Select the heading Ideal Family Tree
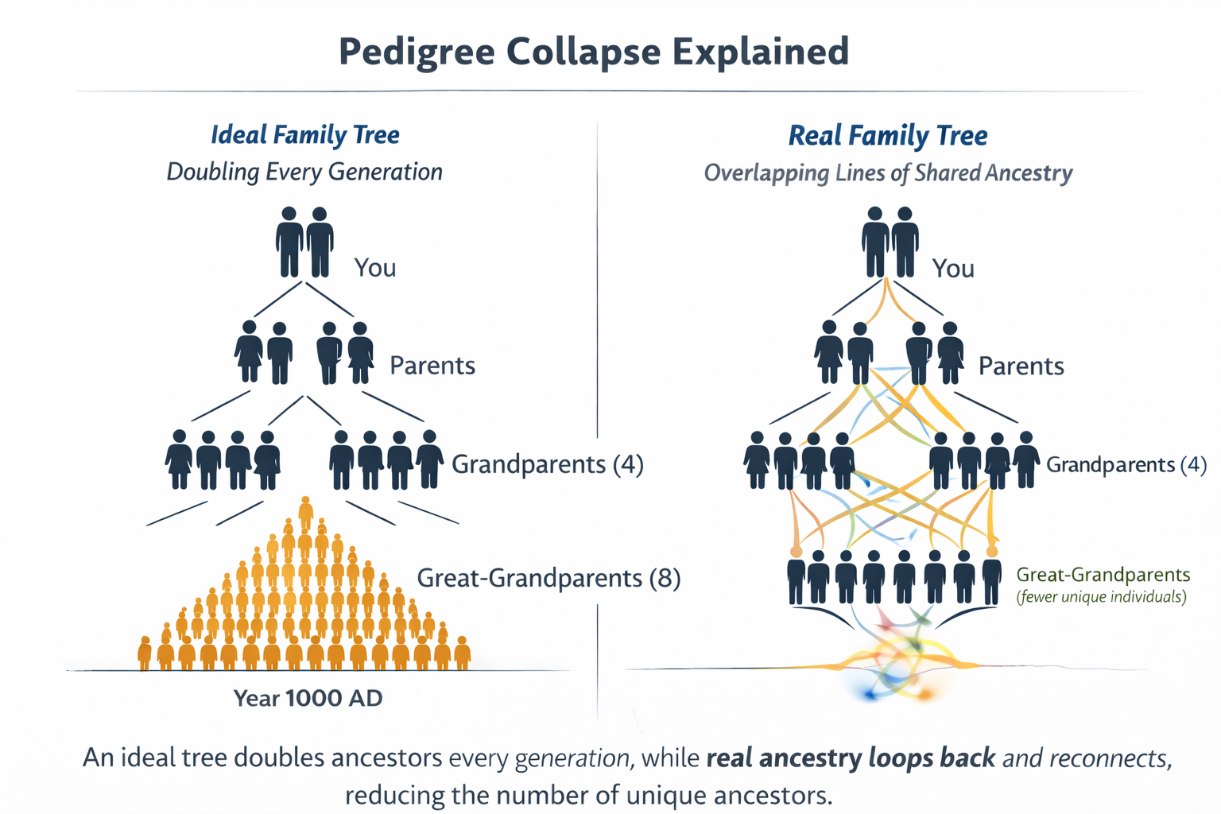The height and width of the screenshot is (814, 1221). click(x=304, y=135)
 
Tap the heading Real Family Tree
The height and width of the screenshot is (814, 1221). click(x=888, y=136)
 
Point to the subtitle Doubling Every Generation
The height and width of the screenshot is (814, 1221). click(x=304, y=172)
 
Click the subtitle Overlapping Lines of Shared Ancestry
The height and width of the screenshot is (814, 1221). click(x=888, y=173)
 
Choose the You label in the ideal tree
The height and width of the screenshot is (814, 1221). click(x=375, y=268)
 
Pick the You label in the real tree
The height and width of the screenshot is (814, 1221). click(x=953, y=269)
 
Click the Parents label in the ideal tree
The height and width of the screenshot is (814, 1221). click(x=432, y=366)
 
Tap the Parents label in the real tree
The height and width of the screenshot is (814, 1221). click(x=1021, y=366)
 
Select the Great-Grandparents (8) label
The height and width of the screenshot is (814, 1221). click(x=548, y=578)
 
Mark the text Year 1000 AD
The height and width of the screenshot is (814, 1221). click(x=308, y=698)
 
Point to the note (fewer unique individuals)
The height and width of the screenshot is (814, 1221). click(x=1101, y=597)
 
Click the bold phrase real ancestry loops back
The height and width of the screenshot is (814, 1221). click(x=851, y=758)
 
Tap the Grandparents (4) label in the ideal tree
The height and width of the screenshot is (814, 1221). click(x=547, y=464)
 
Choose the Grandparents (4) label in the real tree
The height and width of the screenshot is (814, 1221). click(x=1126, y=465)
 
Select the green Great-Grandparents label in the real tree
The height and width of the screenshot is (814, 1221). click(x=1103, y=575)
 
